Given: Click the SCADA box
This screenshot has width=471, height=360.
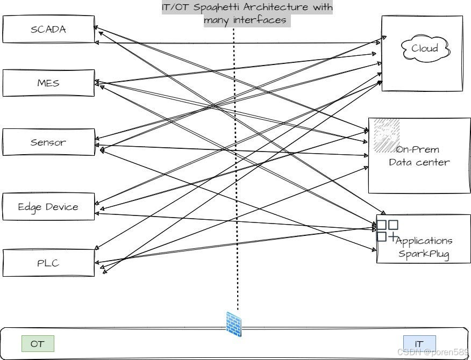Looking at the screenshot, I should [48, 30].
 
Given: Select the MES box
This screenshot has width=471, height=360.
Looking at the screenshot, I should [48, 83].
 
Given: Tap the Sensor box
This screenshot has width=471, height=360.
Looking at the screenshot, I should [48, 142].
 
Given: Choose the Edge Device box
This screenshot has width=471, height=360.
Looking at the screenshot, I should [48, 207].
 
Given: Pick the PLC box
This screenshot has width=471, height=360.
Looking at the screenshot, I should [48, 263].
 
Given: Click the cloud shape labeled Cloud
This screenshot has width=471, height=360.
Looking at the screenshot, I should [425, 49].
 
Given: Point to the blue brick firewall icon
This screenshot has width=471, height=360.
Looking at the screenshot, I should [234, 323].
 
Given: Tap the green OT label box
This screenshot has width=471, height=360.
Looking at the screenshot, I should [38, 344].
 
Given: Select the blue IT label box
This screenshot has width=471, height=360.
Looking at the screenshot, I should [419, 344].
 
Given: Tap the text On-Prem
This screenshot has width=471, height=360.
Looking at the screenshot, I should [418, 150].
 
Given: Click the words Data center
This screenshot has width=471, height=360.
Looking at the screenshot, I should [419, 162].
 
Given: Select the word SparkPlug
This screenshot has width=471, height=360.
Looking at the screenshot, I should [424, 253].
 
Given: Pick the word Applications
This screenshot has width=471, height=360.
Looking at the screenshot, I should [424, 241].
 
